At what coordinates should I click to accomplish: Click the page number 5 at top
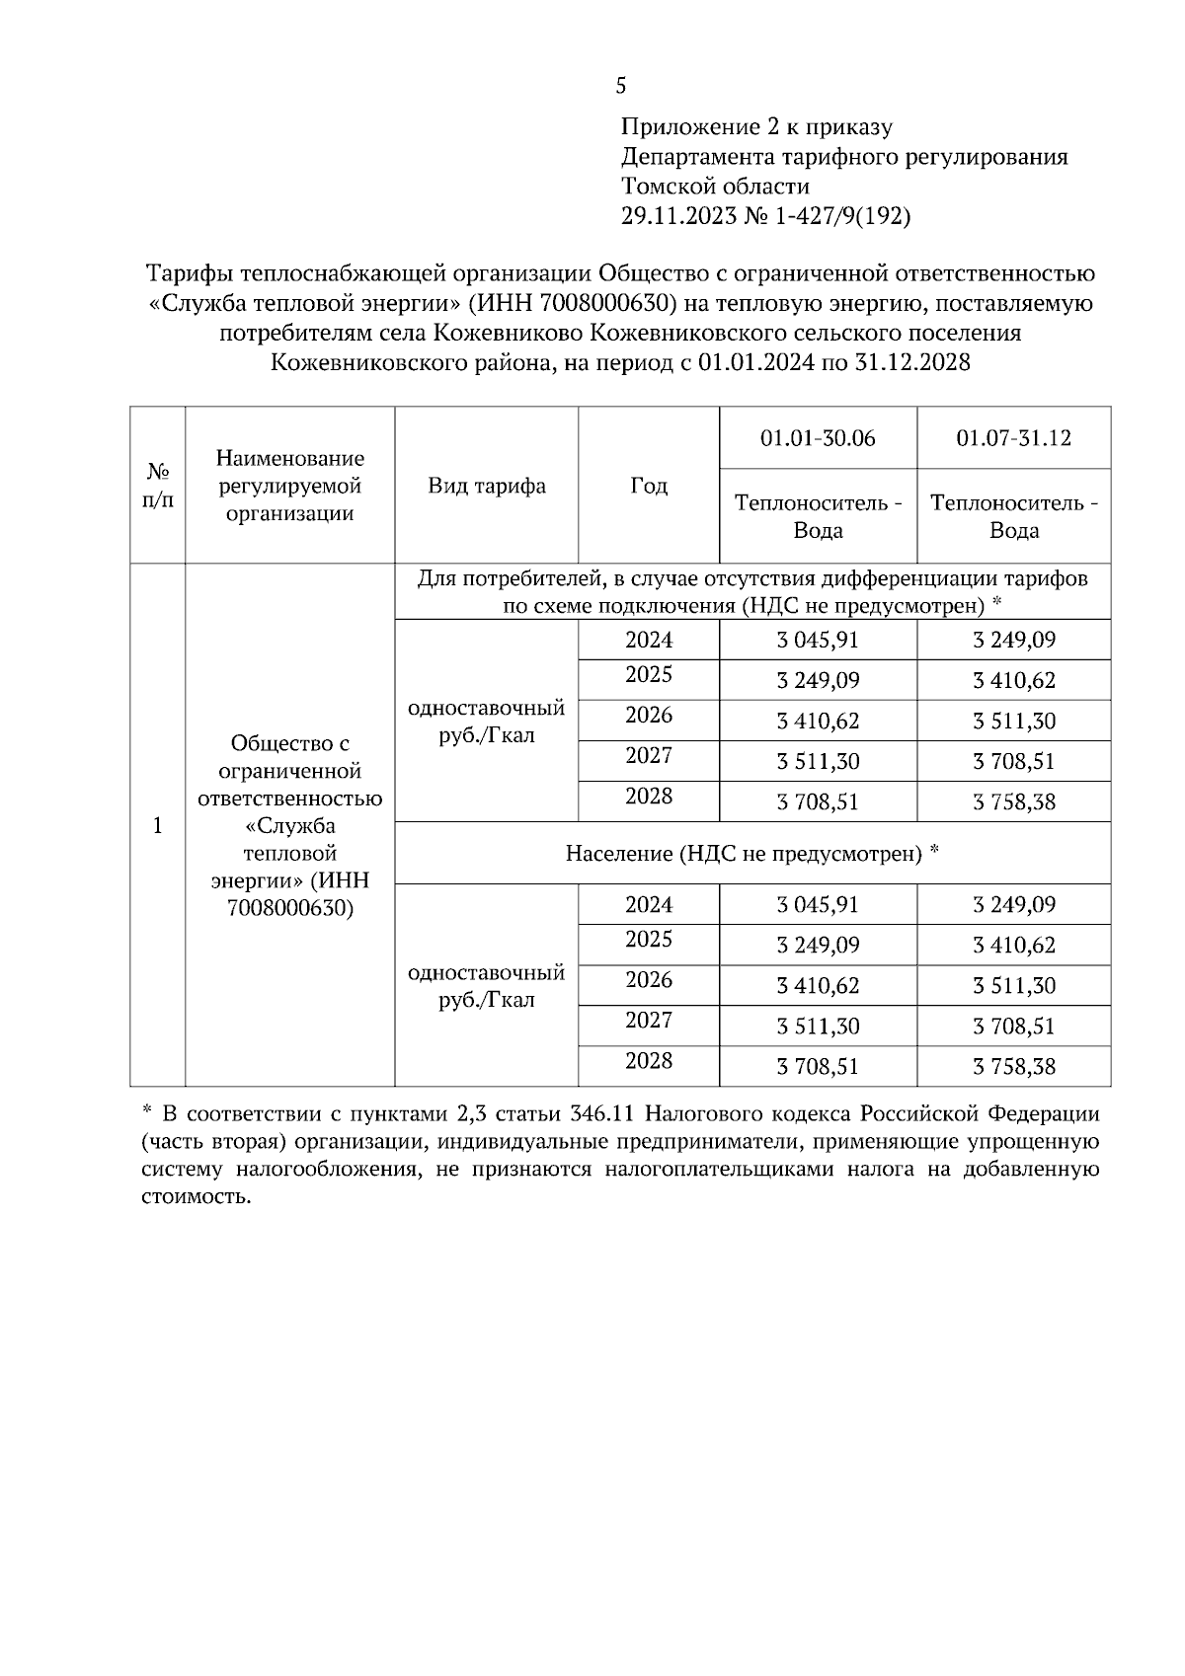click(620, 87)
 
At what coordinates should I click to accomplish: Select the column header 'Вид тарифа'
click(486, 486)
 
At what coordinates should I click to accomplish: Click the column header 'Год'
click(649, 486)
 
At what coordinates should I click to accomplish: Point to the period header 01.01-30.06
click(818, 438)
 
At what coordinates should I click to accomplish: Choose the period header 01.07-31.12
click(1013, 438)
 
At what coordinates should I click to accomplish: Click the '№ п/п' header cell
click(157, 485)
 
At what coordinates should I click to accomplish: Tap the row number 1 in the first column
click(157, 825)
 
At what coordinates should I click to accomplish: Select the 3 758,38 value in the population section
click(1014, 1067)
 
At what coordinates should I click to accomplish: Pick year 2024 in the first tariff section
click(649, 640)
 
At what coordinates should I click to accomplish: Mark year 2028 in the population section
click(649, 1061)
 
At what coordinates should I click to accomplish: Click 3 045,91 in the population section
click(818, 905)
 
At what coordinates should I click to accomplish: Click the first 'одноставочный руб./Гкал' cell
click(486, 722)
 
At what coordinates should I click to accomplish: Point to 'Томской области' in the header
click(715, 187)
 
